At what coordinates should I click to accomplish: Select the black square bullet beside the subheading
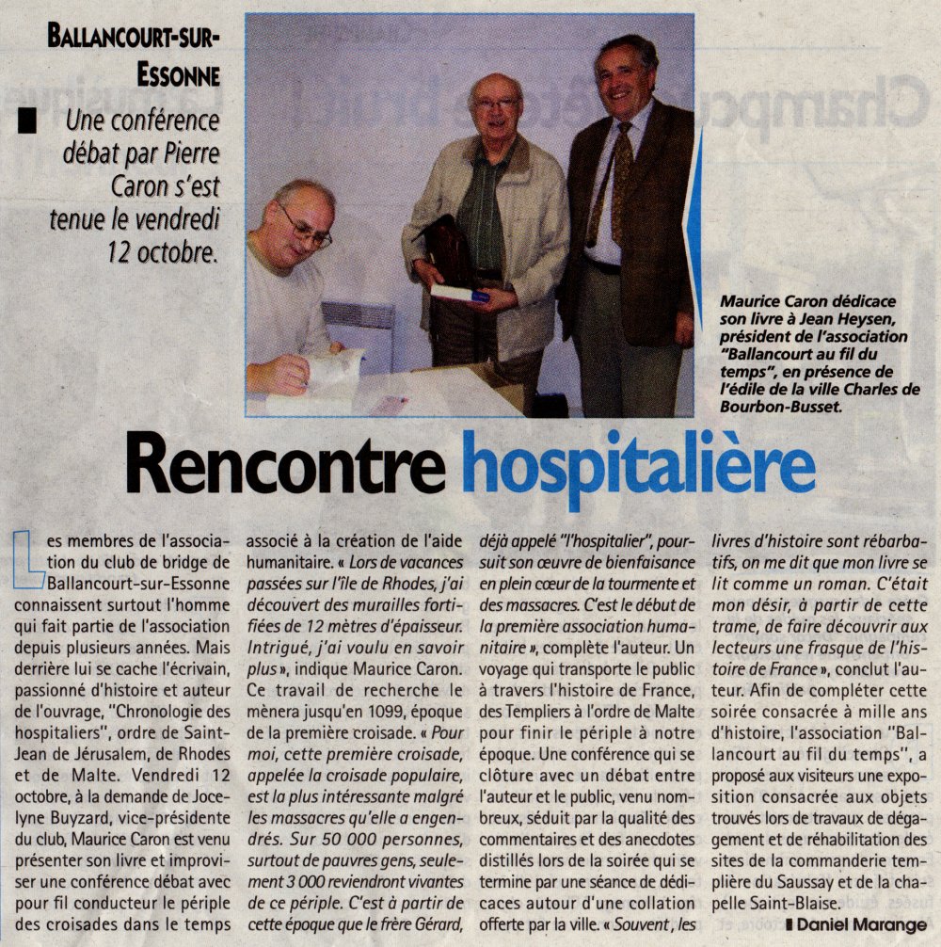(27, 123)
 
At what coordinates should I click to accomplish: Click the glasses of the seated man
(305, 228)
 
